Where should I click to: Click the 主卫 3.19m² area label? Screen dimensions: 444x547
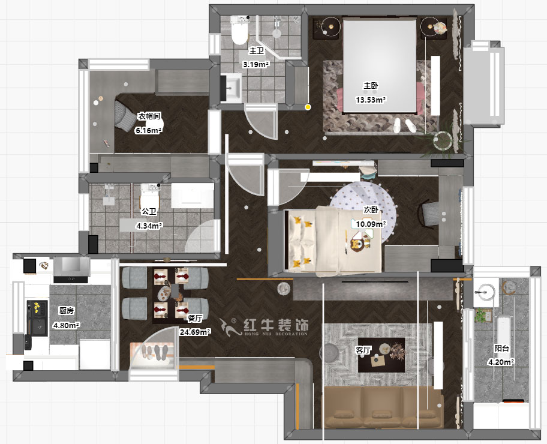pos(256,58)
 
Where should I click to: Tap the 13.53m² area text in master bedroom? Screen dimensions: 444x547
pos(371,100)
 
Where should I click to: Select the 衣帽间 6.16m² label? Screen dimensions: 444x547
pos(149,123)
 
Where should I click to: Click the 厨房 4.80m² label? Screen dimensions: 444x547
pos(66,318)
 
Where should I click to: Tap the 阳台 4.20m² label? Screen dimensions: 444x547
pos(502,355)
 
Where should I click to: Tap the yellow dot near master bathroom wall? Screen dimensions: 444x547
pos(308,107)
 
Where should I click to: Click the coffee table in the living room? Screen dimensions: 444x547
pos(381,355)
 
